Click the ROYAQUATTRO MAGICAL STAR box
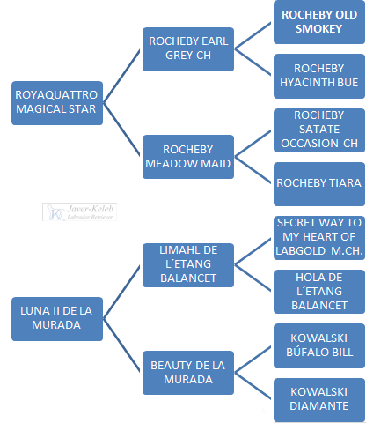(x=57, y=103)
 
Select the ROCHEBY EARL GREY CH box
(x=188, y=49)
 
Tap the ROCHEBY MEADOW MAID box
(x=188, y=157)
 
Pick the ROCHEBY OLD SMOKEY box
(x=319, y=22)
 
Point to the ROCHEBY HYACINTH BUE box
(x=319, y=76)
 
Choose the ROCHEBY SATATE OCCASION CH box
(x=319, y=130)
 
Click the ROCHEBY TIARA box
(x=319, y=184)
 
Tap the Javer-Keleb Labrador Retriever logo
(x=79, y=211)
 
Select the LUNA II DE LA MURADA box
(x=57, y=319)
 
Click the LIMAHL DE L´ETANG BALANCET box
(x=188, y=265)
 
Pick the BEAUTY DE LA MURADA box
(x=188, y=373)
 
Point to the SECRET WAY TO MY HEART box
(x=319, y=238)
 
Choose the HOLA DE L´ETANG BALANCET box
(x=319, y=292)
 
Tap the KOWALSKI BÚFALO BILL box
(x=319, y=346)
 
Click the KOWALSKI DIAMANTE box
(x=319, y=400)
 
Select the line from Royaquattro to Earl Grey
(x=121, y=77)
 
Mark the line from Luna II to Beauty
(x=121, y=345)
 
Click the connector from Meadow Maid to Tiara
(x=253, y=170)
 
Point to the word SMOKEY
(x=319, y=29)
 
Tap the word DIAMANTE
(x=319, y=406)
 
